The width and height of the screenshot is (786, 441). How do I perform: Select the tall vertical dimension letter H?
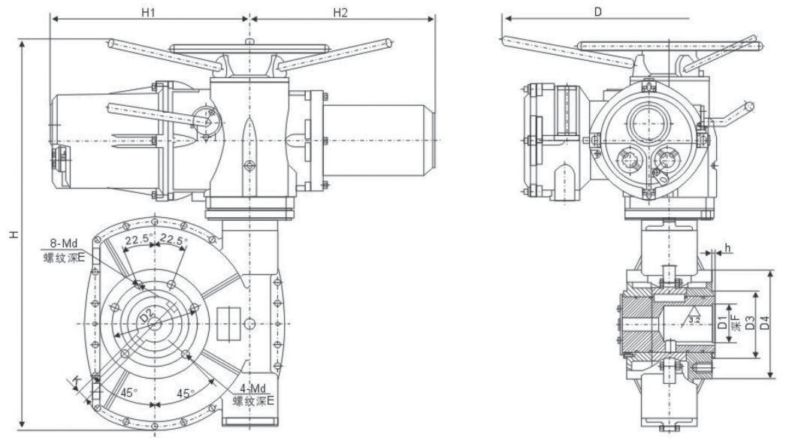pyautogui.click(x=13, y=234)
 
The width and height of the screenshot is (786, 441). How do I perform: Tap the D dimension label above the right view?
pyautogui.click(x=597, y=11)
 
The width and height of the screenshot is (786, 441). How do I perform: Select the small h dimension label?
pyautogui.click(x=727, y=247)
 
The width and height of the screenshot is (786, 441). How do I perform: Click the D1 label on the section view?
pyautogui.click(x=722, y=325)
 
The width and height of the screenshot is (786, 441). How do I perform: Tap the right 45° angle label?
pyautogui.click(x=186, y=392)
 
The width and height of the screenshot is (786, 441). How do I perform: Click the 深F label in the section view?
pyautogui.click(x=736, y=325)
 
